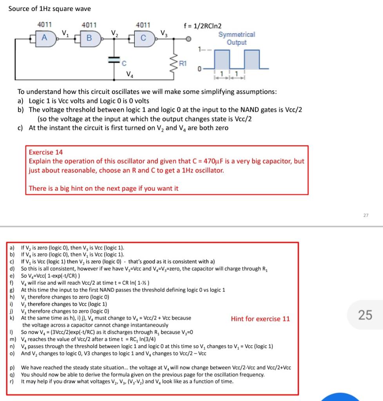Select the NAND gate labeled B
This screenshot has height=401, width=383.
[x=90, y=38]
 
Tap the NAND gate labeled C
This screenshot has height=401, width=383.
[x=143, y=38]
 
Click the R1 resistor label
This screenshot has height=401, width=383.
[x=183, y=63]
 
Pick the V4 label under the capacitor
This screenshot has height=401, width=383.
[x=129, y=74]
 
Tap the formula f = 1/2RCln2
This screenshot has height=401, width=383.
[x=202, y=26]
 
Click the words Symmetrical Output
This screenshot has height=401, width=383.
[x=237, y=38]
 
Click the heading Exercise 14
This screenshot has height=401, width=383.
[x=46, y=152]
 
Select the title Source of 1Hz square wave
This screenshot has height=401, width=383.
[x=49, y=9]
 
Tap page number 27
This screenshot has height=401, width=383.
[x=365, y=215]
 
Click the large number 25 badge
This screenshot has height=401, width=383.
[x=365, y=314]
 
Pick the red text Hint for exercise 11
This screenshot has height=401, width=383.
[x=260, y=319]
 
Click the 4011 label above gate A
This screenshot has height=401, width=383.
[x=45, y=25]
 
